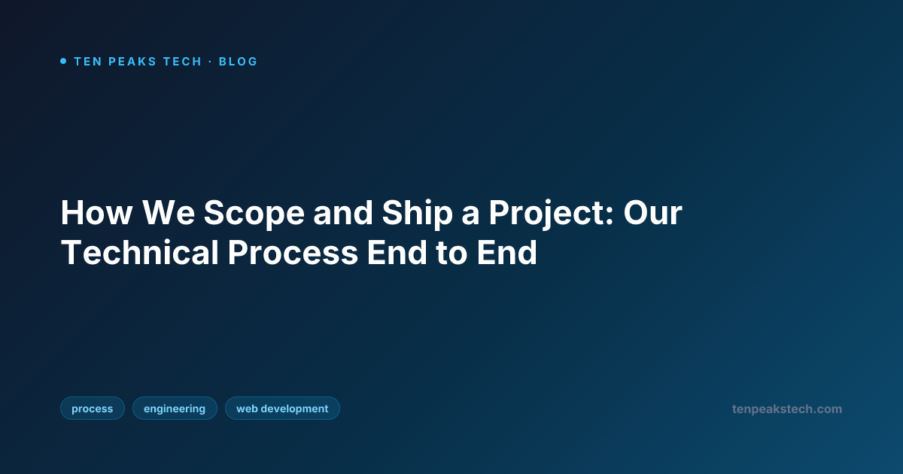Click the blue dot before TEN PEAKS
coord(63,61)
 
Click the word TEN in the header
coord(87,62)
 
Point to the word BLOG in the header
coord(238,62)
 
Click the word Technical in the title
coord(139,254)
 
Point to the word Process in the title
coord(293,254)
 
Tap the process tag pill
coord(92,409)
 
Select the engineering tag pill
coord(175,409)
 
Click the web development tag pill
coord(282,409)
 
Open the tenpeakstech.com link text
coord(786,409)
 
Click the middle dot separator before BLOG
coord(210,62)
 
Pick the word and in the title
coord(342,214)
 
